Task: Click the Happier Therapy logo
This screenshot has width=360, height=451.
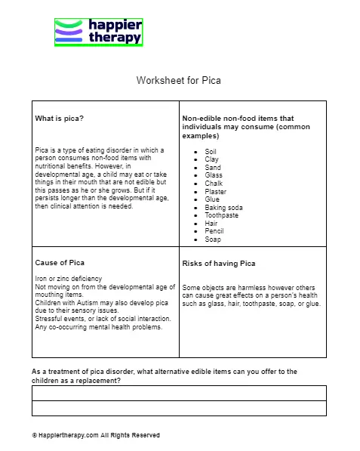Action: [x=98, y=32]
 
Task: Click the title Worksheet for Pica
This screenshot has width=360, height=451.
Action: [x=178, y=80]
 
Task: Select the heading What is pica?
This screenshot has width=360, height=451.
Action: [x=60, y=119]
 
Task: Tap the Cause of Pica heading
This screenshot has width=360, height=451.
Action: [x=60, y=262]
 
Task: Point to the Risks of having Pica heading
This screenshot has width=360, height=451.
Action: [x=219, y=264]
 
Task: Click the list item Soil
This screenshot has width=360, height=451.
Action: [x=211, y=152]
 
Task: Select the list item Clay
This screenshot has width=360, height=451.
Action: [x=211, y=159]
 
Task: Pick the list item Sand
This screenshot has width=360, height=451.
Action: [x=212, y=168]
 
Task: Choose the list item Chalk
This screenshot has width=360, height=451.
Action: [x=214, y=184]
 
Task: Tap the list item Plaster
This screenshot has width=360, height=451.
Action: [x=215, y=192]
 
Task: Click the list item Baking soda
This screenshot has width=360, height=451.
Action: [x=223, y=208]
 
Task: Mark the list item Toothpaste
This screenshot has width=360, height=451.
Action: [x=221, y=215]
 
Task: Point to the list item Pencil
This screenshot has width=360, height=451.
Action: [x=214, y=231]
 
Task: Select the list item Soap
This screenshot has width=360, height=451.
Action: [x=213, y=239]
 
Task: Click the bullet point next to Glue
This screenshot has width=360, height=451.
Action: [x=195, y=200]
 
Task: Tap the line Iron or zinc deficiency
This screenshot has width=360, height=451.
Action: [x=69, y=279]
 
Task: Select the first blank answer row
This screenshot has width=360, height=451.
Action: [x=179, y=393]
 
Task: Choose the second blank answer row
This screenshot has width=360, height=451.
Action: [x=179, y=408]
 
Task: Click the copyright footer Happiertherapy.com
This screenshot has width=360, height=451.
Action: [x=96, y=435]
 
